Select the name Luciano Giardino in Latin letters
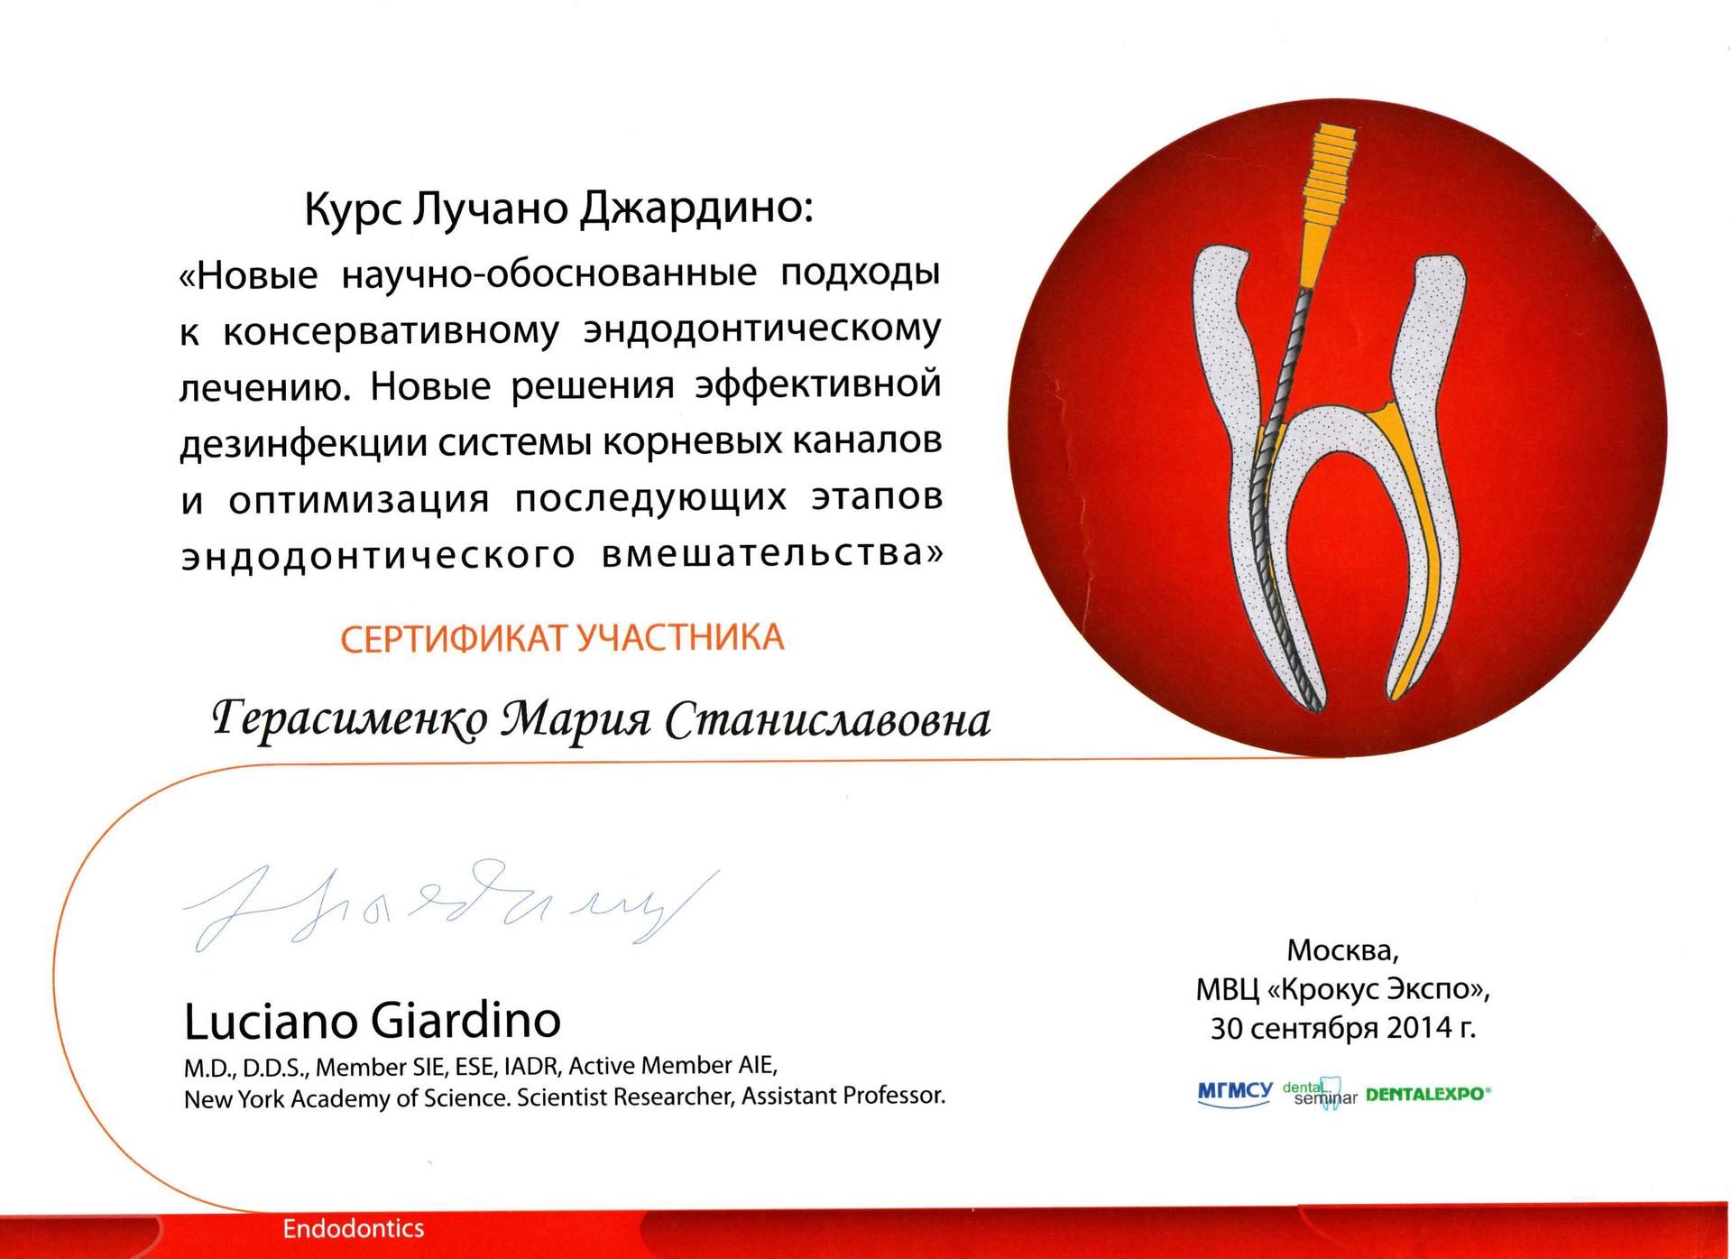click(x=373, y=1021)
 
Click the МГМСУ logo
click(x=1235, y=1094)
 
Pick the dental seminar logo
click(x=1320, y=1093)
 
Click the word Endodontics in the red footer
click(x=354, y=1229)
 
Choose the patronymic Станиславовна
click(x=827, y=721)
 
